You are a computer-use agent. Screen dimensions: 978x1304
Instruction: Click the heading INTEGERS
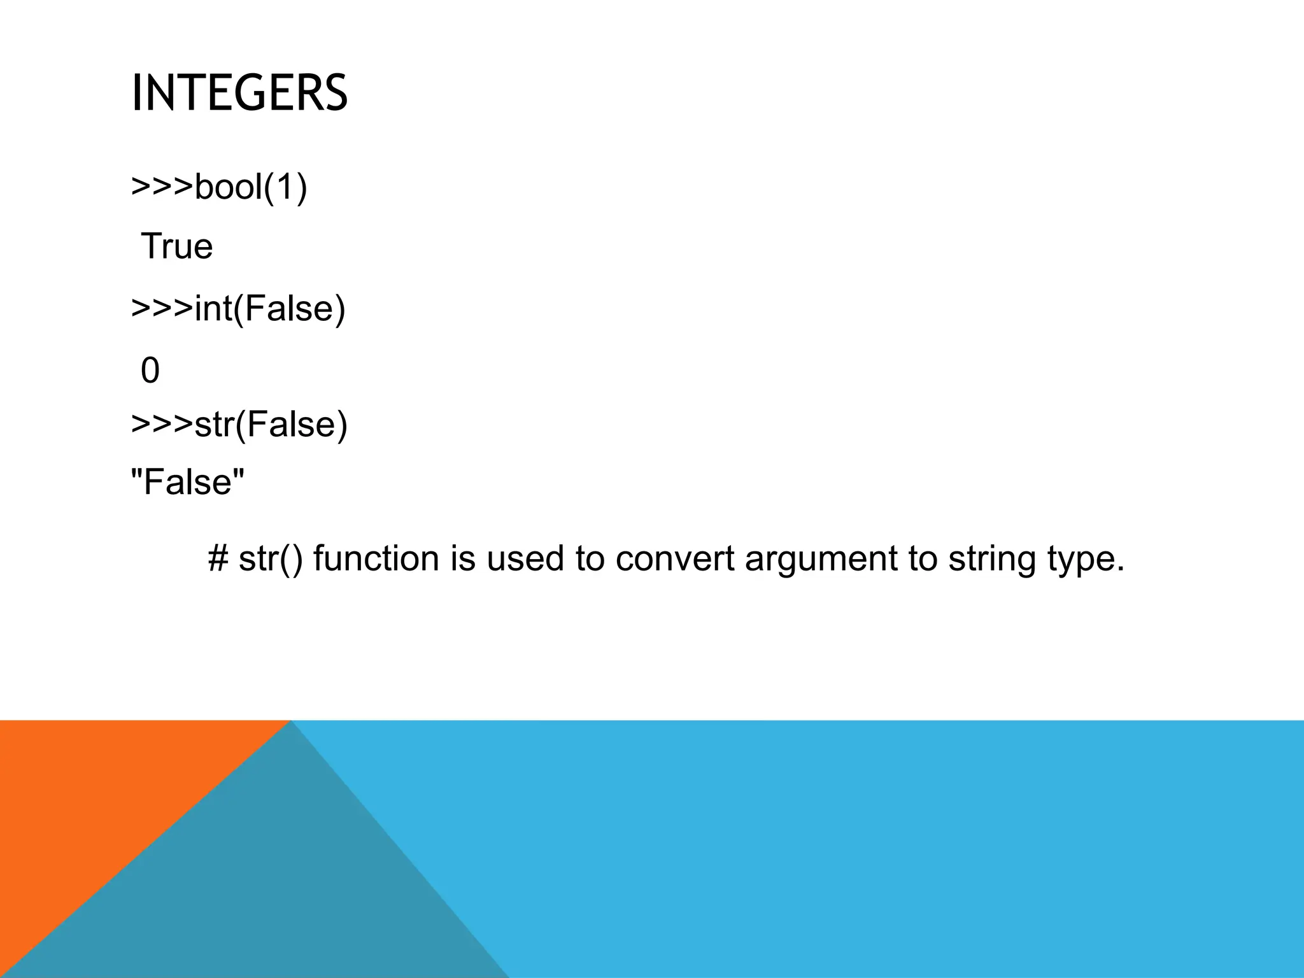[239, 93]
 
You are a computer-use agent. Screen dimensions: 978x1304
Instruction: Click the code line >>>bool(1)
[219, 187]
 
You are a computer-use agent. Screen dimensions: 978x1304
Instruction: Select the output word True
[176, 246]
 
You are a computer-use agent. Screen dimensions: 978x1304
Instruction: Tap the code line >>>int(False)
[238, 309]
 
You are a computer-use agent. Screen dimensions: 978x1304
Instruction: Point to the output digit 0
[150, 371]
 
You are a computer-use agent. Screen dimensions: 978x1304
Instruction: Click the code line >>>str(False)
[239, 425]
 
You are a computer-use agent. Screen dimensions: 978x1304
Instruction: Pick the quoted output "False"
[187, 482]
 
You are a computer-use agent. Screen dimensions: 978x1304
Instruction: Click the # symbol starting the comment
[218, 558]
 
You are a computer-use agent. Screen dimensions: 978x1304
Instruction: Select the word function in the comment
[376, 558]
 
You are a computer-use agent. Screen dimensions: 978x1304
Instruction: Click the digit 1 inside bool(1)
[283, 187]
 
